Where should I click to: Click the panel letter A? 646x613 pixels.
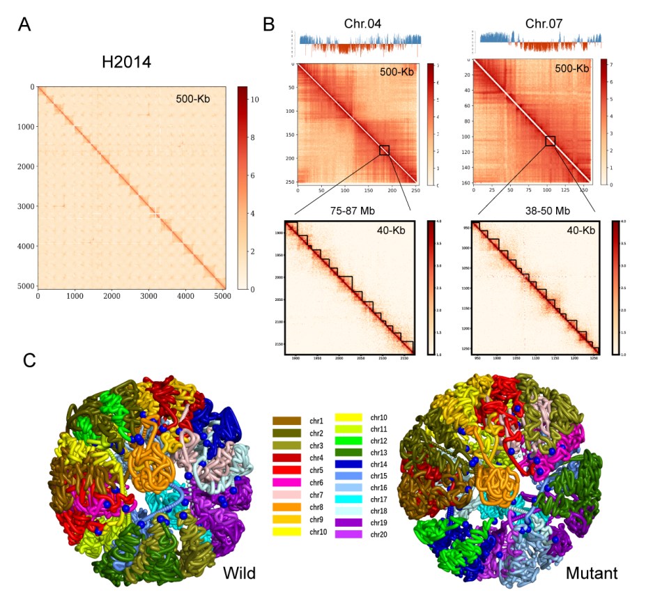pos(25,25)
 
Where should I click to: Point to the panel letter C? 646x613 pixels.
pos(30,360)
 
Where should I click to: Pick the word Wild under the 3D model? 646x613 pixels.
pos(239,573)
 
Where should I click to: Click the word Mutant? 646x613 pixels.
pos(592,573)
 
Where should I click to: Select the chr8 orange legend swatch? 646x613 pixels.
pos(287,506)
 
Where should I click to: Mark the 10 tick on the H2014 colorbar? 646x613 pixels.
pos(255,100)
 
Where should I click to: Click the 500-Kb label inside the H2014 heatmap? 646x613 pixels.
pos(194,100)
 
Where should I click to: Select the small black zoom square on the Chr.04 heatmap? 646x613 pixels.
pos(385,150)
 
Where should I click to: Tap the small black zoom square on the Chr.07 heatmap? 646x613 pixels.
pos(551,141)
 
